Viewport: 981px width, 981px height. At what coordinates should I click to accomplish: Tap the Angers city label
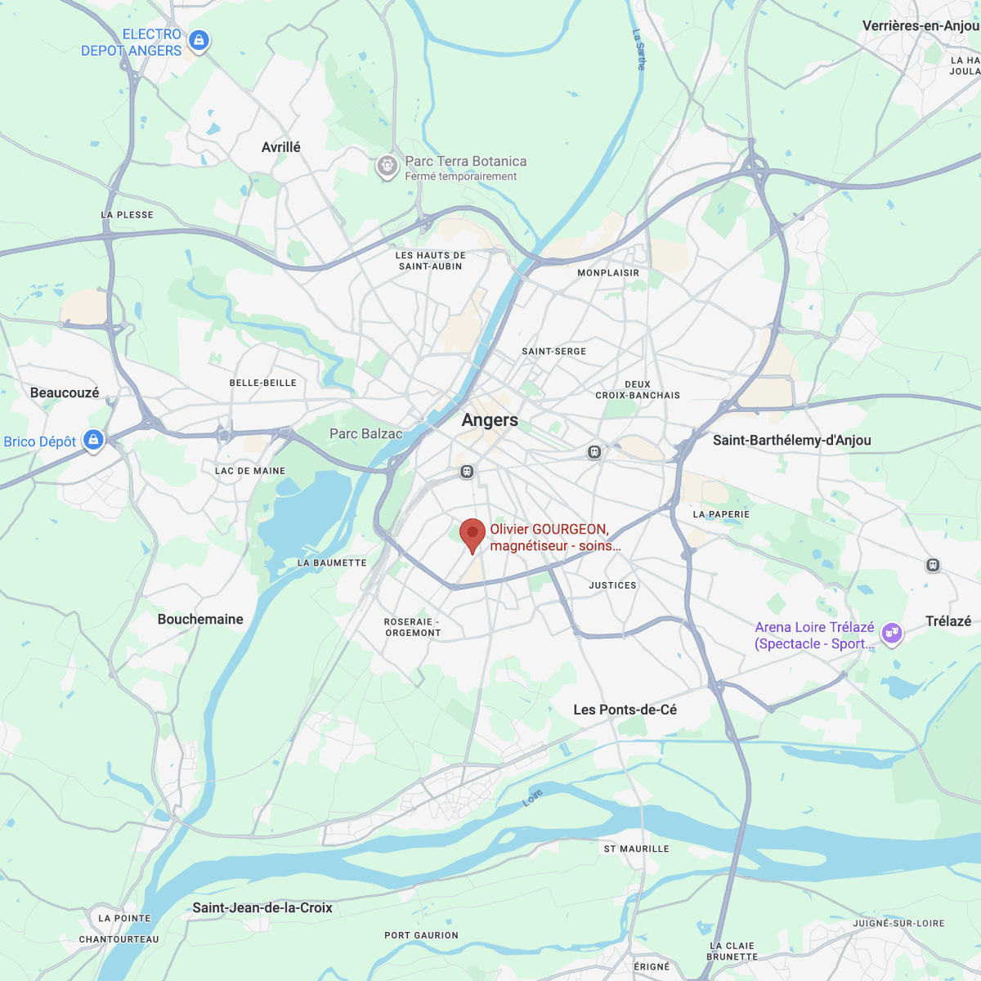pos(490,420)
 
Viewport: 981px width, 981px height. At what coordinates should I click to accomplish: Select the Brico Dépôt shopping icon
pos(94,440)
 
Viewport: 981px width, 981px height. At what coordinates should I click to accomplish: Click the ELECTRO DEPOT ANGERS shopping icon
pos(199,39)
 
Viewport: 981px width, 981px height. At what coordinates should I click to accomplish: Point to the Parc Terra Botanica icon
pos(387,166)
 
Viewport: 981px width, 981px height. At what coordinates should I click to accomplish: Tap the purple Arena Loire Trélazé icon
pos(892,633)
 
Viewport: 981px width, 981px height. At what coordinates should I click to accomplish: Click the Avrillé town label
pos(280,147)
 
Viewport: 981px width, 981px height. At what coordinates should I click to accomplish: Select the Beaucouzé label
pos(65,393)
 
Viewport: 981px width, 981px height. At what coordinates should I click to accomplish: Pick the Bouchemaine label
pos(200,620)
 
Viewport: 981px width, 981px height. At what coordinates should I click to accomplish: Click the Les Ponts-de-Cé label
pos(625,710)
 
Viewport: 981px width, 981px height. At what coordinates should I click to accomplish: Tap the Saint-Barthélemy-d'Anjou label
pos(791,441)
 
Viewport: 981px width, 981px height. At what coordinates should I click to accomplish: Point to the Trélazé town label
pos(948,621)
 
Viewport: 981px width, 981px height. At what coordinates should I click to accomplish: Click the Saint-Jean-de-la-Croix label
pos(262,907)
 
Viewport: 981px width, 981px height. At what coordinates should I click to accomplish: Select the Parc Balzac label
pos(365,434)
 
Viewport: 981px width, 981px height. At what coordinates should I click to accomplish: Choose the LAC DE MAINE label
pos(250,471)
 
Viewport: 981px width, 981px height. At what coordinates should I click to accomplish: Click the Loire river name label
pos(532,798)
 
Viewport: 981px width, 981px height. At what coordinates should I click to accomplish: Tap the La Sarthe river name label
pos(639,50)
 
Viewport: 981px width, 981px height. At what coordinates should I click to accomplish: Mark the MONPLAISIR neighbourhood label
pos(608,273)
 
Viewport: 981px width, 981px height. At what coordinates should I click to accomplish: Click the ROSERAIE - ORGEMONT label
pos(413,627)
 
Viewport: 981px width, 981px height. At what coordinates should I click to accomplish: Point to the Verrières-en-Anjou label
pos(920,26)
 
